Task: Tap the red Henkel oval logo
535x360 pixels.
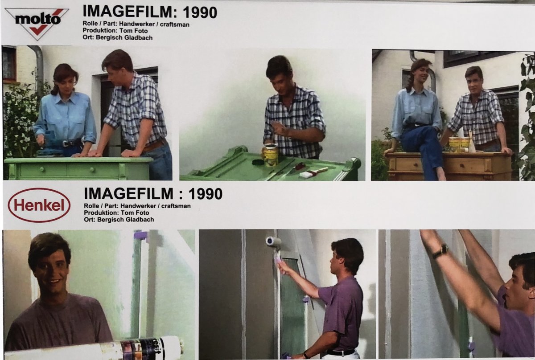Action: coord(39,205)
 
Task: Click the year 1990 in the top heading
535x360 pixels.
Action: coord(200,12)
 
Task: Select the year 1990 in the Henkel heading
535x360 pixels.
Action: coord(205,194)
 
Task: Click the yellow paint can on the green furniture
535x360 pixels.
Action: coord(270,155)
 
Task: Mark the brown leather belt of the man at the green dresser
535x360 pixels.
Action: coord(155,146)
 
